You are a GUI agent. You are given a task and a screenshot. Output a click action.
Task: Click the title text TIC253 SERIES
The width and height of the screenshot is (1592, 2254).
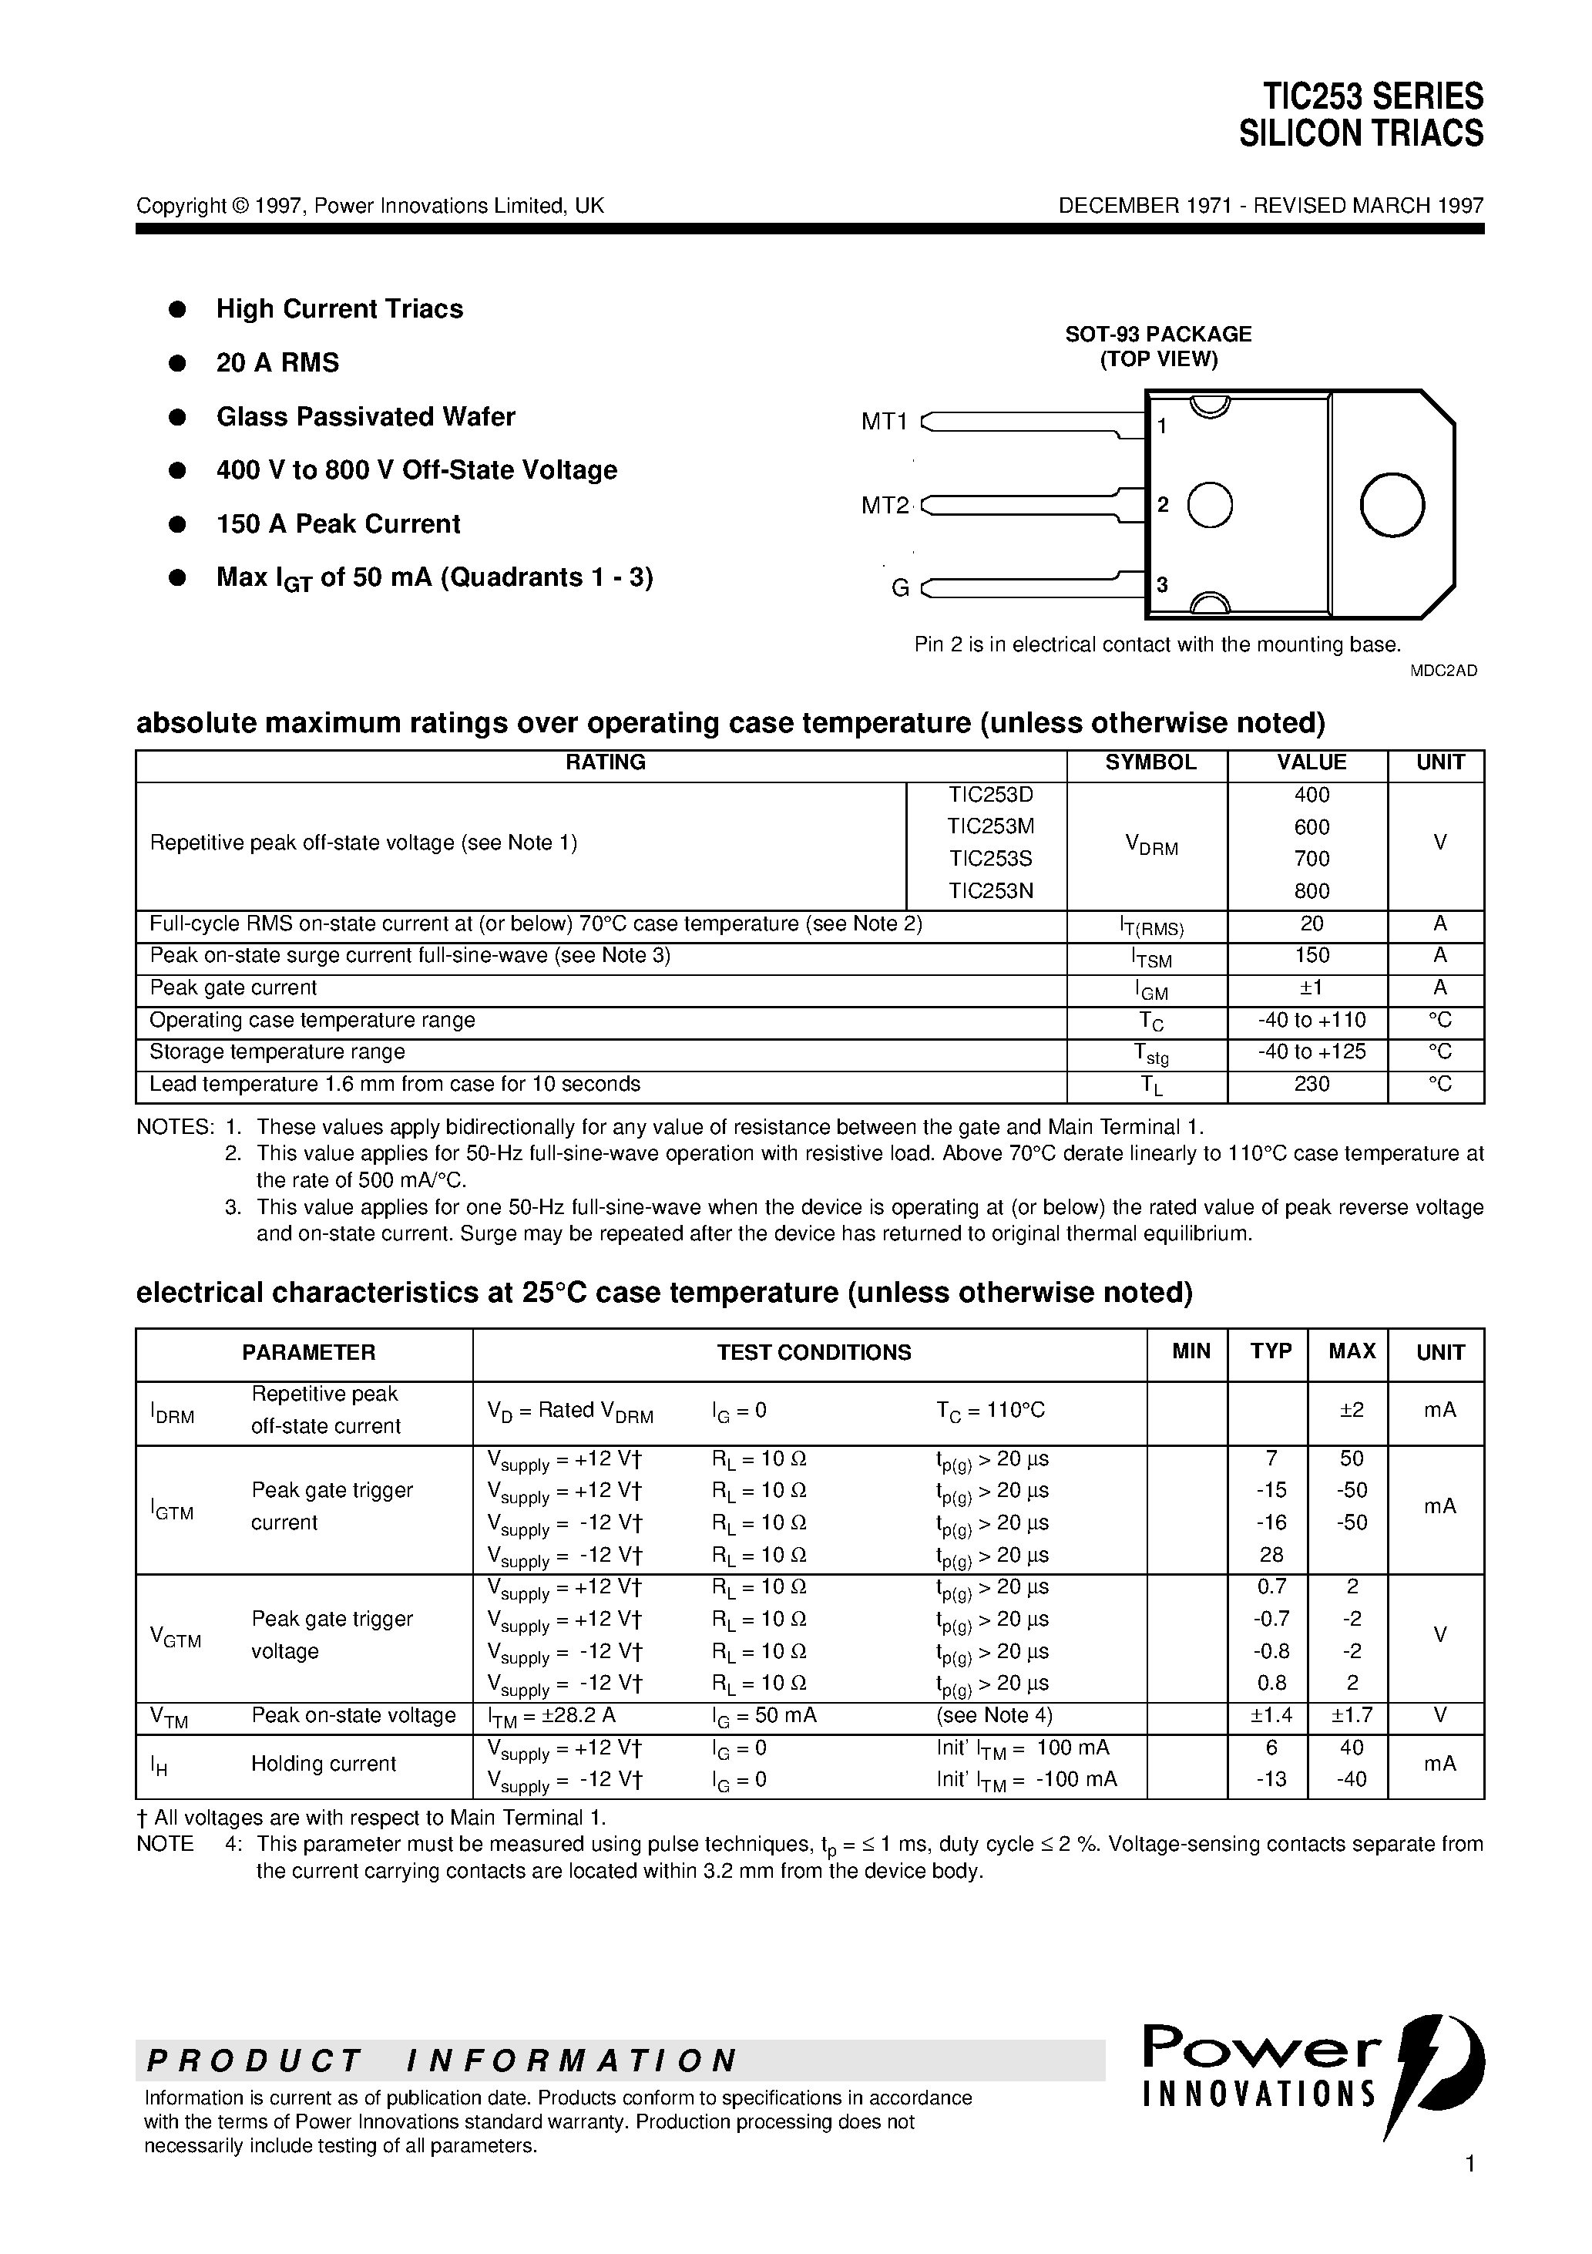pos(1372,97)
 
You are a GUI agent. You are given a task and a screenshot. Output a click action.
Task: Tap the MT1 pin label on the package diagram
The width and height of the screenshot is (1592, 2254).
pos(885,422)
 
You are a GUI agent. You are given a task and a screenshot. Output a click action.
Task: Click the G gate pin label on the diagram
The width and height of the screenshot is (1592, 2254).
pos(899,588)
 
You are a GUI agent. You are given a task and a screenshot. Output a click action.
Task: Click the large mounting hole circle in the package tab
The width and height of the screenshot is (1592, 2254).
pos(1392,505)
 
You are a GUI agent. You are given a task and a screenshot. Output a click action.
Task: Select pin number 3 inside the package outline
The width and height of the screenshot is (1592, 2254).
pos(1162,585)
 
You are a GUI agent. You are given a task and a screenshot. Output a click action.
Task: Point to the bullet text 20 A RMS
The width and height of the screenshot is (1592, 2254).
pos(277,363)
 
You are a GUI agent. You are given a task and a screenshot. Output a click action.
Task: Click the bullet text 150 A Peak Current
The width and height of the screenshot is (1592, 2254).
pos(338,524)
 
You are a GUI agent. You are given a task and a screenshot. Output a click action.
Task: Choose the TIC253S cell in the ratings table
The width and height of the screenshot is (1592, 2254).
pos(990,859)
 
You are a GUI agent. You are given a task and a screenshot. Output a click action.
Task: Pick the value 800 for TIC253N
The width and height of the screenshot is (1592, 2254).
pos(1312,891)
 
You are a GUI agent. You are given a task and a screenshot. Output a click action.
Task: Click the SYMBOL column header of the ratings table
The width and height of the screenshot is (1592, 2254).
pos(1150,763)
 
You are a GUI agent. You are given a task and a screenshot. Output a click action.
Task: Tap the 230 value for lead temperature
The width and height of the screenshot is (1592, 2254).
pos(1312,1085)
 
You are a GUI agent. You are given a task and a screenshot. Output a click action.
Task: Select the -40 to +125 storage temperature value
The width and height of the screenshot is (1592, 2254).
pos(1312,1052)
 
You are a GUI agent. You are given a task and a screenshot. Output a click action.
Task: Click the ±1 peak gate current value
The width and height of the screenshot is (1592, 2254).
pos(1312,987)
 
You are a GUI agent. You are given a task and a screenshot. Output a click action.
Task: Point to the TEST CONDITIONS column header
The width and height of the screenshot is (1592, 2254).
pos(814,1353)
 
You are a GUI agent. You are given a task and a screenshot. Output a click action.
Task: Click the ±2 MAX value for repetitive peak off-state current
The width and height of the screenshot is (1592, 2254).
pos(1352,1411)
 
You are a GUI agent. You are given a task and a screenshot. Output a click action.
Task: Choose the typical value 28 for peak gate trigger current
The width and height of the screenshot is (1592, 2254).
pos(1271,1555)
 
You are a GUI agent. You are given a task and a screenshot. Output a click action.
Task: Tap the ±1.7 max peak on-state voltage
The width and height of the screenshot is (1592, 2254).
pos(1352,1716)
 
